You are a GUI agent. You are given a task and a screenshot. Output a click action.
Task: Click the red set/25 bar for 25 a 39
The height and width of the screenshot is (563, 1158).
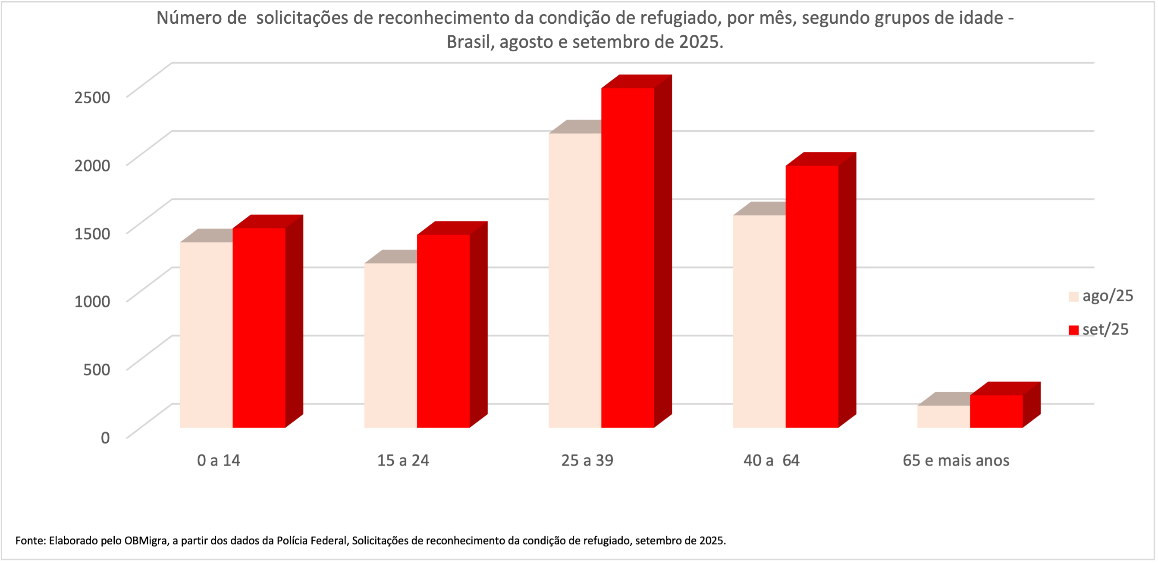(x=628, y=258)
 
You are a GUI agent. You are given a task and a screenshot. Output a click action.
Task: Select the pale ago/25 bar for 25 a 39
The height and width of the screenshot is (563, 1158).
(x=574, y=281)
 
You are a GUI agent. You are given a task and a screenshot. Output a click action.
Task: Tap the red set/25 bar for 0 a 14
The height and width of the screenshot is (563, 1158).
(x=259, y=328)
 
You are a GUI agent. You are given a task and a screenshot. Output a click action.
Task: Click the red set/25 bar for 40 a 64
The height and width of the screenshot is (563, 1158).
(x=812, y=297)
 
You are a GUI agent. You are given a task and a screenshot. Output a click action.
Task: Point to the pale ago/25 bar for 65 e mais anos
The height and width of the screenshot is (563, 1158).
(x=943, y=416)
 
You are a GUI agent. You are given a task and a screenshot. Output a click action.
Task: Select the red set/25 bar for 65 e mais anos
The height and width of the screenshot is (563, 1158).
(x=996, y=411)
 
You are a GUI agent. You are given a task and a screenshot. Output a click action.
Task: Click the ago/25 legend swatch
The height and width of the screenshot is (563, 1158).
(x=1073, y=297)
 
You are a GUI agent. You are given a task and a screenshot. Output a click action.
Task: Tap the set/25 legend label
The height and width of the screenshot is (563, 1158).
(x=1105, y=329)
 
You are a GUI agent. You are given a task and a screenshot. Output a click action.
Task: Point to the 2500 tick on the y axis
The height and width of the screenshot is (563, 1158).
(x=92, y=97)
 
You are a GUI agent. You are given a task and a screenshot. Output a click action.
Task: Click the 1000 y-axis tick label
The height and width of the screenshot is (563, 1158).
(x=92, y=301)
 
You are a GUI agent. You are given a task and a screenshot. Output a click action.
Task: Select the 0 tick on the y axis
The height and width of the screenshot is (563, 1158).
(x=105, y=437)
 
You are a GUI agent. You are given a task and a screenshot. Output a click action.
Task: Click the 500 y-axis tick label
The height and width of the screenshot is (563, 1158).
(x=97, y=369)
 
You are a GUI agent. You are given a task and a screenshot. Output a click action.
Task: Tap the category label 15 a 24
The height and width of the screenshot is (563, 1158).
(x=403, y=460)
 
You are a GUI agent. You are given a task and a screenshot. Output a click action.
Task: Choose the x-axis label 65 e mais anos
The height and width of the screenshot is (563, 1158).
(x=956, y=460)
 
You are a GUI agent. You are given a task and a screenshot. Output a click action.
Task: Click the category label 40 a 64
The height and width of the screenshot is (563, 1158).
(x=772, y=460)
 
